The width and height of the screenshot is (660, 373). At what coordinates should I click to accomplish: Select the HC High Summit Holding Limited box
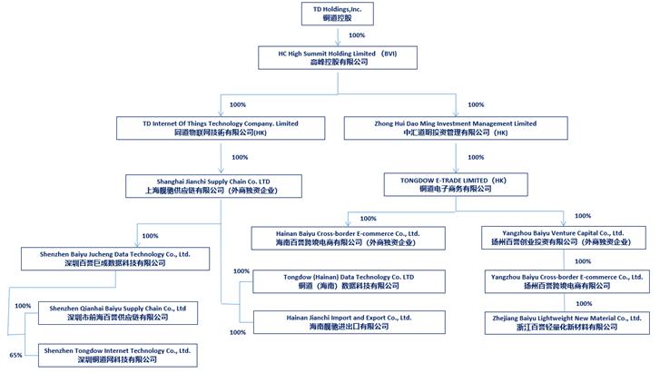(x=337, y=57)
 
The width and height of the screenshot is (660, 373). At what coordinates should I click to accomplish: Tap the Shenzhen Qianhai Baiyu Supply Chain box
(x=117, y=313)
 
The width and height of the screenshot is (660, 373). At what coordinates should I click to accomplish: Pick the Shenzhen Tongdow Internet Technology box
(x=117, y=355)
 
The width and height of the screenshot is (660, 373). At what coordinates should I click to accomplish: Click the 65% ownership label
(x=15, y=355)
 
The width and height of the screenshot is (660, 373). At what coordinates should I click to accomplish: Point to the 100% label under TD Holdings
(x=357, y=35)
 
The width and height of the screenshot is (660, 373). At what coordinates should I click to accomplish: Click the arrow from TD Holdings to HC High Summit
(x=337, y=35)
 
